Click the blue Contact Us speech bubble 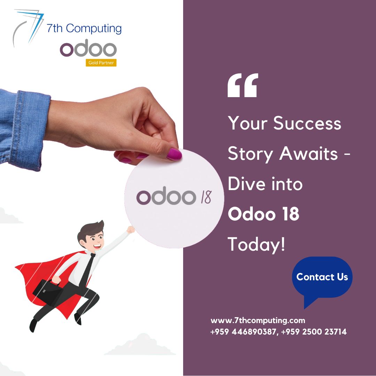tap(322, 277)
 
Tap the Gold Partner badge tap(101, 63)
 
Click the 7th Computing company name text tap(84, 28)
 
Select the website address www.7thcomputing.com tap(258, 320)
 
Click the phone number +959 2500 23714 tap(314, 332)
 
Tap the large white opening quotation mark tap(243, 85)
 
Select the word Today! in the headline tap(257, 245)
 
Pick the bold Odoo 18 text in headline tap(264, 214)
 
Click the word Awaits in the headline tap(308, 154)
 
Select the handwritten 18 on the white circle tap(206, 197)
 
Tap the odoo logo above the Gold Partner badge tap(88, 50)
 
